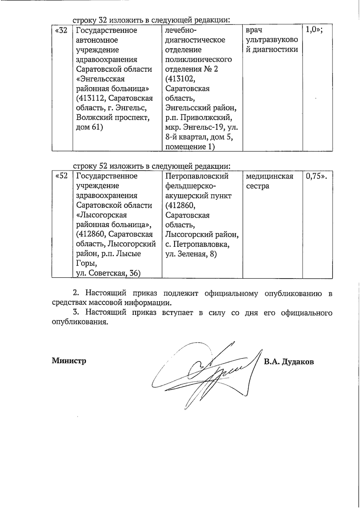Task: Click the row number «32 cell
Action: coord(62,30)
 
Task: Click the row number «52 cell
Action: coord(62,176)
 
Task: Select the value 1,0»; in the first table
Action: coord(314,30)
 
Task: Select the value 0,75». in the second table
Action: coord(316,176)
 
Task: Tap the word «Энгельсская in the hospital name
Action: coord(100,79)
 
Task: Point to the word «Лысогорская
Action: coord(101,215)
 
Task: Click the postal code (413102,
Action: coord(180,79)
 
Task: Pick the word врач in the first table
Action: coord(254,30)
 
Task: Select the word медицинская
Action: coord(269,176)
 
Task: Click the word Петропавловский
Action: coord(197,176)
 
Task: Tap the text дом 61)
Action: coord(89,128)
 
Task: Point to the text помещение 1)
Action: coord(190,147)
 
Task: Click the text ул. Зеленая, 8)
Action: coord(191,254)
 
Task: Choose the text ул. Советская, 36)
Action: coord(108,273)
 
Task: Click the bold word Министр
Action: coord(69,360)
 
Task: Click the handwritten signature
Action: coord(204,372)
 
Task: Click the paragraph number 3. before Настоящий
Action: coord(76,313)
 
